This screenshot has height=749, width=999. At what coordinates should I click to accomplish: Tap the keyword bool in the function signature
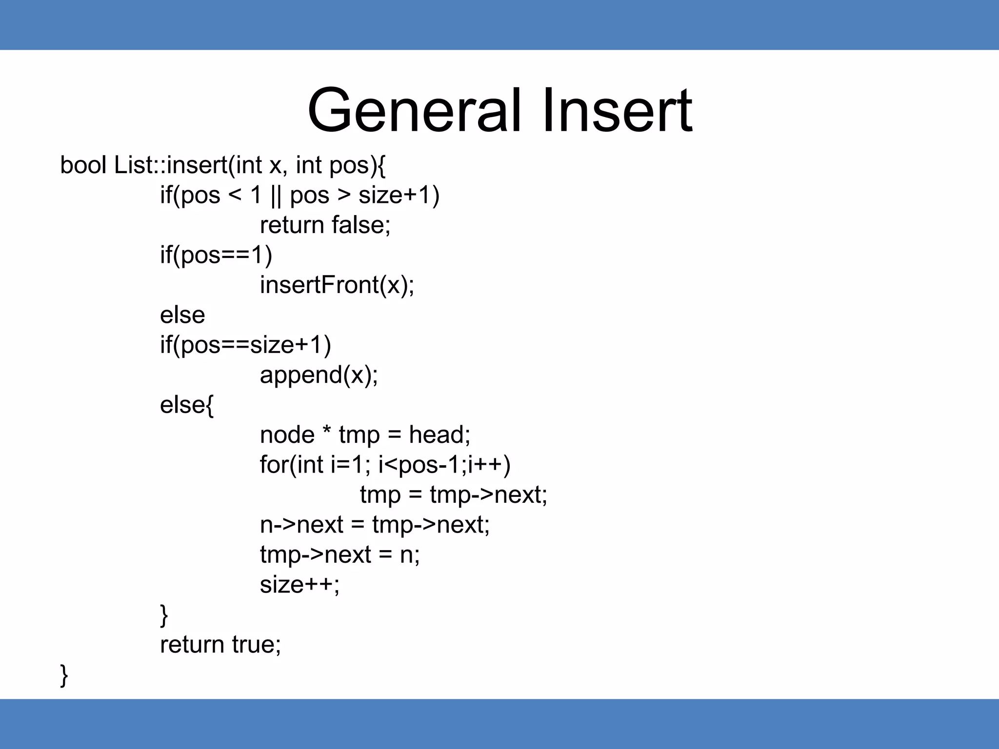(83, 165)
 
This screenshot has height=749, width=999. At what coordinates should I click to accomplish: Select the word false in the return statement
(360, 225)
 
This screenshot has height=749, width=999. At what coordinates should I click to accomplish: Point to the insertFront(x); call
(337, 285)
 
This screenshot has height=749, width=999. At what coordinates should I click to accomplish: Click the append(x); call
(319, 375)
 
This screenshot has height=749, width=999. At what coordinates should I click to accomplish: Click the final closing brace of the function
(64, 675)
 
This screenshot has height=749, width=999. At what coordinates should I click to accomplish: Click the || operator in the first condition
(276, 196)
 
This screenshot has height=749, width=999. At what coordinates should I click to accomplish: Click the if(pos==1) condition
(216, 256)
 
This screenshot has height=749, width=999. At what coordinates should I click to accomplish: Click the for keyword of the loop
(274, 465)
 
